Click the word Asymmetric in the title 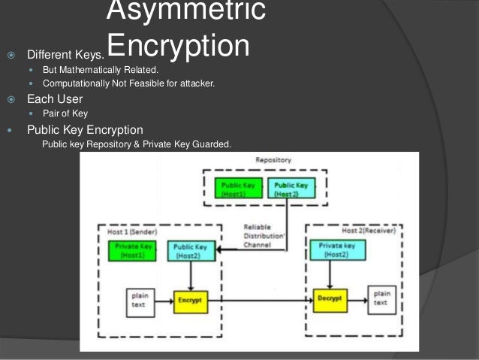click(185, 10)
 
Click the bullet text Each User click(55, 98)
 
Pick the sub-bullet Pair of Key click(65, 113)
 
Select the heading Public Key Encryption click(85, 130)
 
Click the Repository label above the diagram click(273, 160)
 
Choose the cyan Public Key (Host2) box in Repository click(291, 188)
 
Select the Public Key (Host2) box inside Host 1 click(190, 251)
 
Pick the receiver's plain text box click(381, 298)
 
